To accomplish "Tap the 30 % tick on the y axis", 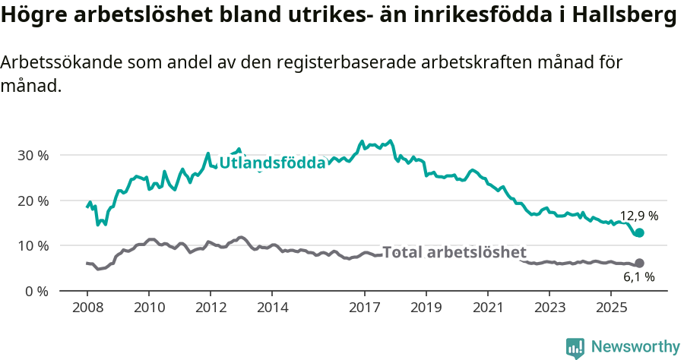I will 33,155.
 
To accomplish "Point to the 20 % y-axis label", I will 33,201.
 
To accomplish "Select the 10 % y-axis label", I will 33,245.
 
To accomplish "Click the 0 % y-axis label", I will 36,291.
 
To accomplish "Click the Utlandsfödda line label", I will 272,163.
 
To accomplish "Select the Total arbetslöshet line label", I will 454,252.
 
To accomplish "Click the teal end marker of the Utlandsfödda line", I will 639,233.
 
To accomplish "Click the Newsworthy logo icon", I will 575,347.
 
